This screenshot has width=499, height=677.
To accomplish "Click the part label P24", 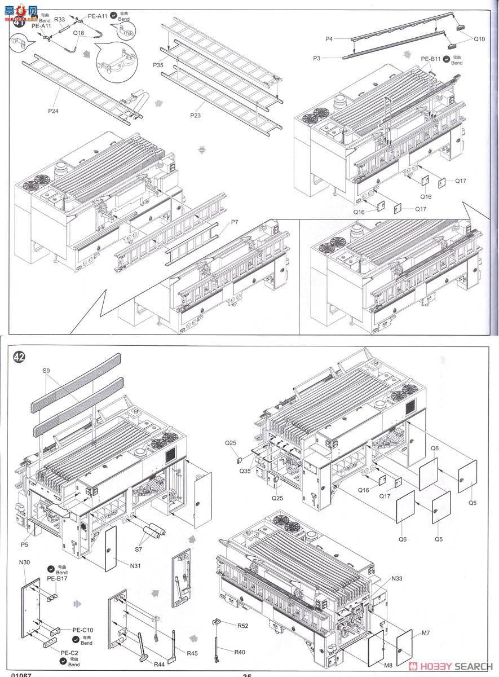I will pos(53,111).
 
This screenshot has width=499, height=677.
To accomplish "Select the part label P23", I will pos(196,115).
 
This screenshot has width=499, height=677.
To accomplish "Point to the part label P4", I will pos(329,38).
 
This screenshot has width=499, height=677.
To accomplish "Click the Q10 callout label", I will pos(479,39).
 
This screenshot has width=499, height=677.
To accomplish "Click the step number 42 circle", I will pos(19,358).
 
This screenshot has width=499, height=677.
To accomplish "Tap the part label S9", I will pos(46,371).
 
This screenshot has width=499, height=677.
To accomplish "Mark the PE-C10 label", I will pos(82,630).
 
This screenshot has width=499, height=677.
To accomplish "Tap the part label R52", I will pos(243,626).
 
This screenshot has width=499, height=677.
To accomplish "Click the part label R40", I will pos(241,652).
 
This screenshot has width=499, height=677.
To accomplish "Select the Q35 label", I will pos(245,470).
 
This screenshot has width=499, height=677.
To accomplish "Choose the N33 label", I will pos(396,579).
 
